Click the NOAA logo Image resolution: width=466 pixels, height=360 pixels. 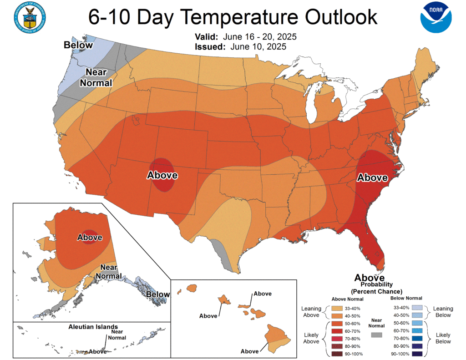[x=436, y=17]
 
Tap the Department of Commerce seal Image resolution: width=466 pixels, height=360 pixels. [x=30, y=17]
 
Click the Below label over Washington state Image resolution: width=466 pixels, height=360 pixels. [x=78, y=45]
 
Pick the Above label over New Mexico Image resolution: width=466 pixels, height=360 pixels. [x=162, y=175]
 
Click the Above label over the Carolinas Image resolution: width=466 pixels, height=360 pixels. [x=372, y=177]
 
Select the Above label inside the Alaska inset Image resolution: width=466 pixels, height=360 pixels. [x=90, y=237]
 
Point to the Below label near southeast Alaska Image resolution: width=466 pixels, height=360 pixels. [x=157, y=294]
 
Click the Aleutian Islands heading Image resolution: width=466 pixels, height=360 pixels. [x=93, y=327]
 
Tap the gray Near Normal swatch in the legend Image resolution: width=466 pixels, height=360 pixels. [x=376, y=335]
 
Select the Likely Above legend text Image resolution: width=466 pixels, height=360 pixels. [x=311, y=338]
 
